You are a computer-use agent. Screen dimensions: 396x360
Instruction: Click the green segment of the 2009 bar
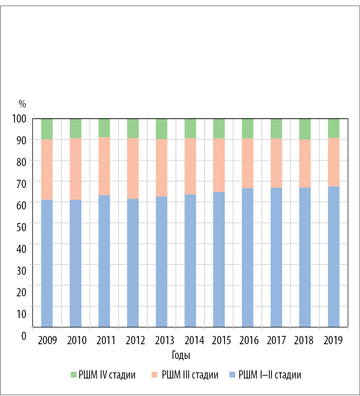[47, 129]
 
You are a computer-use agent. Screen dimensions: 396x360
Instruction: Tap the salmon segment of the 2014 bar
[190, 166]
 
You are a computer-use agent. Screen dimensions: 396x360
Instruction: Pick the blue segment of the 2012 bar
[133, 263]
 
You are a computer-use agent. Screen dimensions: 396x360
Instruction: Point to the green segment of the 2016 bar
[247, 128]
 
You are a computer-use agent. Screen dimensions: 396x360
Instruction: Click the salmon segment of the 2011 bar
[104, 166]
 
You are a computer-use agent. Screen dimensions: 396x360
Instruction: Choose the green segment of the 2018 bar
[305, 129]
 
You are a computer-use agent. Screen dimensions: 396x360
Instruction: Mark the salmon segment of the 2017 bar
[276, 163]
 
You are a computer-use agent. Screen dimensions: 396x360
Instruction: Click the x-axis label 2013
[165, 340]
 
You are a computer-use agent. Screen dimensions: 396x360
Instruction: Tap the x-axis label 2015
[222, 340]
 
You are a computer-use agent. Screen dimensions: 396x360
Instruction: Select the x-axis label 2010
[77, 340]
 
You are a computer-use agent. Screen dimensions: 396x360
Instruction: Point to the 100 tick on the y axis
[20, 119]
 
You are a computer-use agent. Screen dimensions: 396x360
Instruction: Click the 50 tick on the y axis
[22, 223]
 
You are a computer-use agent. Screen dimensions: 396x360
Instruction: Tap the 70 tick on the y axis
[22, 181]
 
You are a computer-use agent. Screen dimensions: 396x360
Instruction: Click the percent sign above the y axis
[22, 104]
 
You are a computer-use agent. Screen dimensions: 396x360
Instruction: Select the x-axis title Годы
[180, 356]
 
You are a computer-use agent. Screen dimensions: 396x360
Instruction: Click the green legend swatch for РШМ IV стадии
[74, 375]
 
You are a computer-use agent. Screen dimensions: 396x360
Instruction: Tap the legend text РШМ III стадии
[190, 375]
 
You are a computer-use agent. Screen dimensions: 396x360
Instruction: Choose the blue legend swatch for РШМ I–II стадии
[232, 375]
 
